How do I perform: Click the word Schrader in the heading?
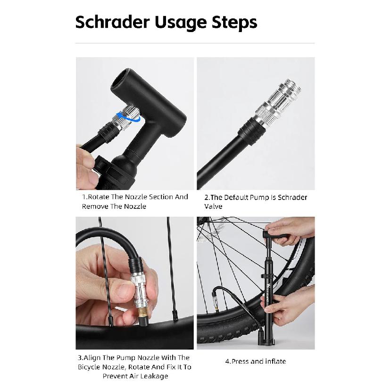[x=112, y=22]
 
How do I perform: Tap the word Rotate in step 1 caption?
[x=99, y=197]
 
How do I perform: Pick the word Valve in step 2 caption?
[x=213, y=207]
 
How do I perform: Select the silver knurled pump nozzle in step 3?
[x=140, y=289]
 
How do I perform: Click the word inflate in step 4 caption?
[x=275, y=361]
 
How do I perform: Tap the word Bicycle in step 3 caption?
[x=89, y=367]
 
